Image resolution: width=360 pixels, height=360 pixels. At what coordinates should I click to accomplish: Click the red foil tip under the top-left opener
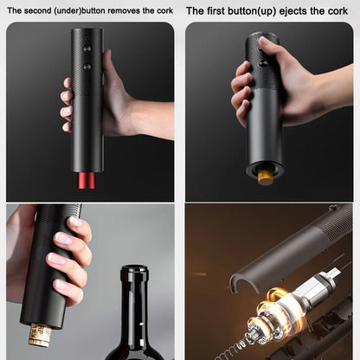pyautogui.click(x=86, y=180)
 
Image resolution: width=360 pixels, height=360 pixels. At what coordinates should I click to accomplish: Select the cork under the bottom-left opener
pyautogui.click(x=40, y=334)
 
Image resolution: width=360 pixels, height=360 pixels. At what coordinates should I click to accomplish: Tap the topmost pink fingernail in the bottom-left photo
pyautogui.click(x=75, y=222)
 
